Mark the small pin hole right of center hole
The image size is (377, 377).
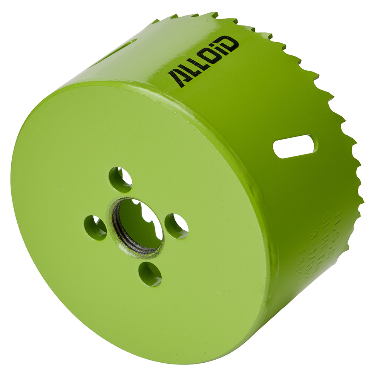tap(176, 226)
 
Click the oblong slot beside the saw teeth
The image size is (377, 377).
tap(295, 146)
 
